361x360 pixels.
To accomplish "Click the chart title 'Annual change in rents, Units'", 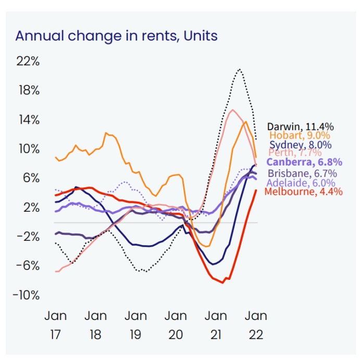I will click(x=116, y=36).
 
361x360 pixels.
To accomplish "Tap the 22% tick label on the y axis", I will click(x=28, y=61).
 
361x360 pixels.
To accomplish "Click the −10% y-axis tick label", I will click(x=26, y=295).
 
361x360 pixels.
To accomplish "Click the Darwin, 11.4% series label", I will click(x=301, y=126).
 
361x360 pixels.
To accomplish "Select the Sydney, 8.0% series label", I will click(x=301, y=145).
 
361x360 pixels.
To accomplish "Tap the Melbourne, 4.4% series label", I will click(x=304, y=191).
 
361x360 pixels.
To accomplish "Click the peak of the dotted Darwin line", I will click(x=239, y=69).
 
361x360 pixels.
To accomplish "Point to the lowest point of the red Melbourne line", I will click(x=223, y=282).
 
